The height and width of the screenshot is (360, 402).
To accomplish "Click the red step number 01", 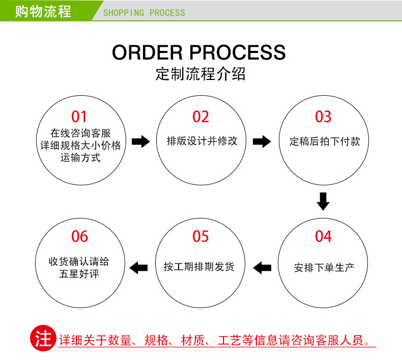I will pos(79,117).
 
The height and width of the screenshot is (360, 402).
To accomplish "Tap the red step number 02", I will pos(201,117).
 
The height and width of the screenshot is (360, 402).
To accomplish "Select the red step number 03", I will pos(323,117).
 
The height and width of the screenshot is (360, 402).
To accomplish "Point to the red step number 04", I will pos(323,236).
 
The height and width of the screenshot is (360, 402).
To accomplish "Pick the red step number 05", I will pos(201,236).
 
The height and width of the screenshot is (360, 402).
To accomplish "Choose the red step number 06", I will pos(79,236).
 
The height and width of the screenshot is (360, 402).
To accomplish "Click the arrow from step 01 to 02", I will pos(140,142).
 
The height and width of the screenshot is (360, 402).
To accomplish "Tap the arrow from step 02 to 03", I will pos(262,142).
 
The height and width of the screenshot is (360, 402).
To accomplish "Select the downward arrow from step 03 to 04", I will pos(323,201).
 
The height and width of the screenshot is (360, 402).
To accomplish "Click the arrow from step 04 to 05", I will pos(262,266).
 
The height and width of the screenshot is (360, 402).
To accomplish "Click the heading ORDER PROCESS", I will pos(199,52).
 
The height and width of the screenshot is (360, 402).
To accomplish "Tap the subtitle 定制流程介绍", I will pos(200,74).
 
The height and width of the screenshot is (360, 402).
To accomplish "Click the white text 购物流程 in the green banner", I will pos(43,11).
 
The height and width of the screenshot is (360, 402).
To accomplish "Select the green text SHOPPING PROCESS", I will pos(144,12).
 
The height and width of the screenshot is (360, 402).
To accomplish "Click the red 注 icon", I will pos(43,339).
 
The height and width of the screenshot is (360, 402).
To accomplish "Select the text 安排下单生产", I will pos(324,267).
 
